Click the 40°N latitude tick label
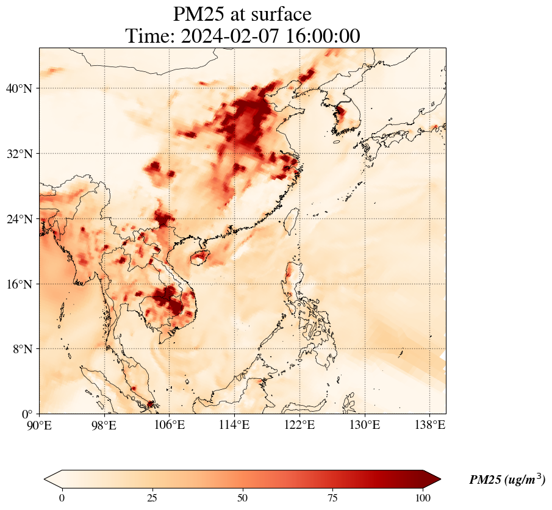click(19, 88)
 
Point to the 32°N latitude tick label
click(19, 154)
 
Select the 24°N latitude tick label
click(19, 219)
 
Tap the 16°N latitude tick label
click(19, 284)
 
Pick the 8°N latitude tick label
click(22, 349)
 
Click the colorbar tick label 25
click(152, 498)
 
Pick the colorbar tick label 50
click(243, 498)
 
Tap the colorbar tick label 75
click(333, 498)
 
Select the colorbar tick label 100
click(423, 498)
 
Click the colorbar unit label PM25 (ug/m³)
click(507, 479)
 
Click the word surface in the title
click(278, 14)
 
